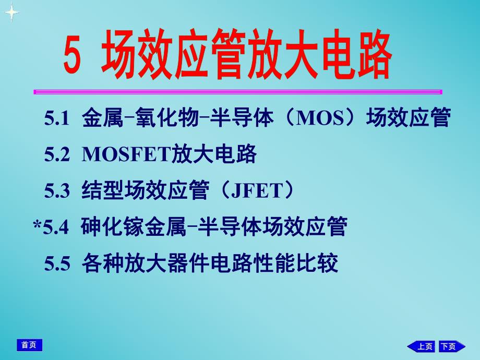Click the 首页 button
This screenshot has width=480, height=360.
tap(29, 345)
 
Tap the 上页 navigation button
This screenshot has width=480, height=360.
tap(421, 346)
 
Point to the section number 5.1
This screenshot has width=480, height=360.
tap(57, 119)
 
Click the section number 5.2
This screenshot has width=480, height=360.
tap(57, 155)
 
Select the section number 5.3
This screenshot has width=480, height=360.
tap(57, 191)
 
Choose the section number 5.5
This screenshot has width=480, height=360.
tap(57, 263)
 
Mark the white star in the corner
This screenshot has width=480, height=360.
tap(11, 13)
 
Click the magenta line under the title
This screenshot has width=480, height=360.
tap(237, 92)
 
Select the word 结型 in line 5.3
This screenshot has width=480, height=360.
tap(102, 191)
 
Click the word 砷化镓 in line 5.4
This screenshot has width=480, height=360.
tap(112, 227)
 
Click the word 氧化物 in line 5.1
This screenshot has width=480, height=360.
tap(166, 119)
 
